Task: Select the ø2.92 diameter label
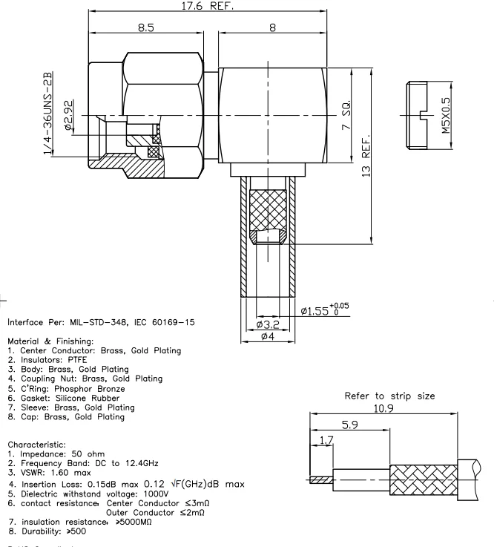pos(69,117)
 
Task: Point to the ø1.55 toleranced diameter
pos(323,309)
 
